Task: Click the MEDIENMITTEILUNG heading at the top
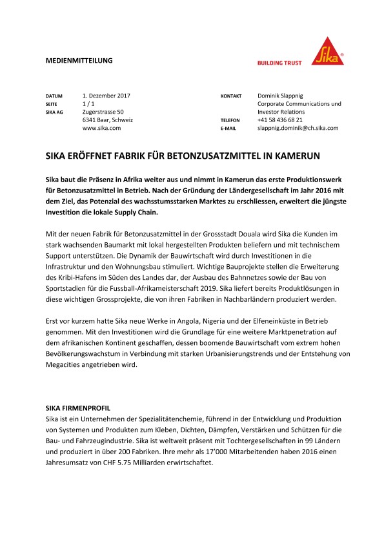pyautogui.click(x=79, y=60)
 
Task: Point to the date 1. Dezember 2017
pyautogui.click(x=106, y=96)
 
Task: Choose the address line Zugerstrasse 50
pyautogui.click(x=103, y=112)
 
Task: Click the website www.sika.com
pyautogui.click(x=102, y=129)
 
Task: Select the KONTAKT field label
pyautogui.click(x=231, y=96)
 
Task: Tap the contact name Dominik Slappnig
pyautogui.click(x=284, y=96)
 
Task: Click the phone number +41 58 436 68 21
pyautogui.click(x=280, y=120)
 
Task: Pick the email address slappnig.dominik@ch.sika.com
pyautogui.click(x=298, y=129)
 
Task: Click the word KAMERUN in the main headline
pyautogui.click(x=297, y=156)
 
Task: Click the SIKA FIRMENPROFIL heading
pyautogui.click(x=77, y=409)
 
